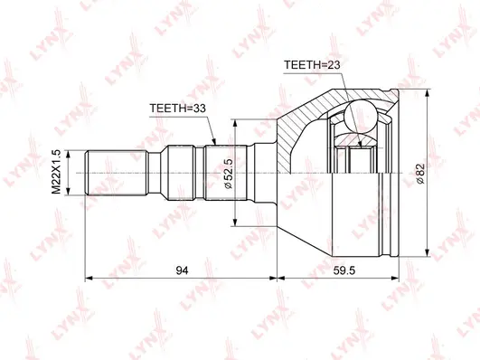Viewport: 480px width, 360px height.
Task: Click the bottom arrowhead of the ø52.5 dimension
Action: (235, 223)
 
